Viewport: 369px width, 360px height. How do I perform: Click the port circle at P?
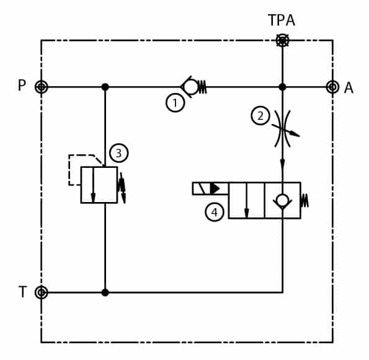(42, 87)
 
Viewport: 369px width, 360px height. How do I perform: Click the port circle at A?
(332, 87)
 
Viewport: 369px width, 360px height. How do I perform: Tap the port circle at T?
(42, 292)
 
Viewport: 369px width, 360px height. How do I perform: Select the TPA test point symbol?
(282, 41)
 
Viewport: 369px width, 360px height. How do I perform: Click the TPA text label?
(282, 20)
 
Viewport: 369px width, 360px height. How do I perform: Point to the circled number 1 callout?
(175, 103)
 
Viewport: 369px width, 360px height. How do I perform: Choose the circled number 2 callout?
(260, 116)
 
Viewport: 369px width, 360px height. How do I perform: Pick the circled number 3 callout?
(119, 153)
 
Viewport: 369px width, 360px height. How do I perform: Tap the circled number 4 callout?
(215, 212)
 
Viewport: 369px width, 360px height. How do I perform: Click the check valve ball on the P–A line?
(191, 87)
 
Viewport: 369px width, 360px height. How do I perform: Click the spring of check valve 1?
(202, 87)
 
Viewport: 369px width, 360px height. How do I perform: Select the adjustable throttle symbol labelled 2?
(283, 129)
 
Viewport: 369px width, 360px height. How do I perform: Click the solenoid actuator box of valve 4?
(210, 188)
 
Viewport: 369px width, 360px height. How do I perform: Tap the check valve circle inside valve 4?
(282, 201)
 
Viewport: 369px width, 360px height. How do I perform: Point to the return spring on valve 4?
(305, 201)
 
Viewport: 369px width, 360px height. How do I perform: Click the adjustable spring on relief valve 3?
(122, 187)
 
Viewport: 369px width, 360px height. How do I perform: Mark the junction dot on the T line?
(105, 292)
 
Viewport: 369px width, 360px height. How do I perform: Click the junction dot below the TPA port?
(282, 87)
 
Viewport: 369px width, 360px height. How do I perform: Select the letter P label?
(22, 85)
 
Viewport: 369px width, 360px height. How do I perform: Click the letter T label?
(22, 292)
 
